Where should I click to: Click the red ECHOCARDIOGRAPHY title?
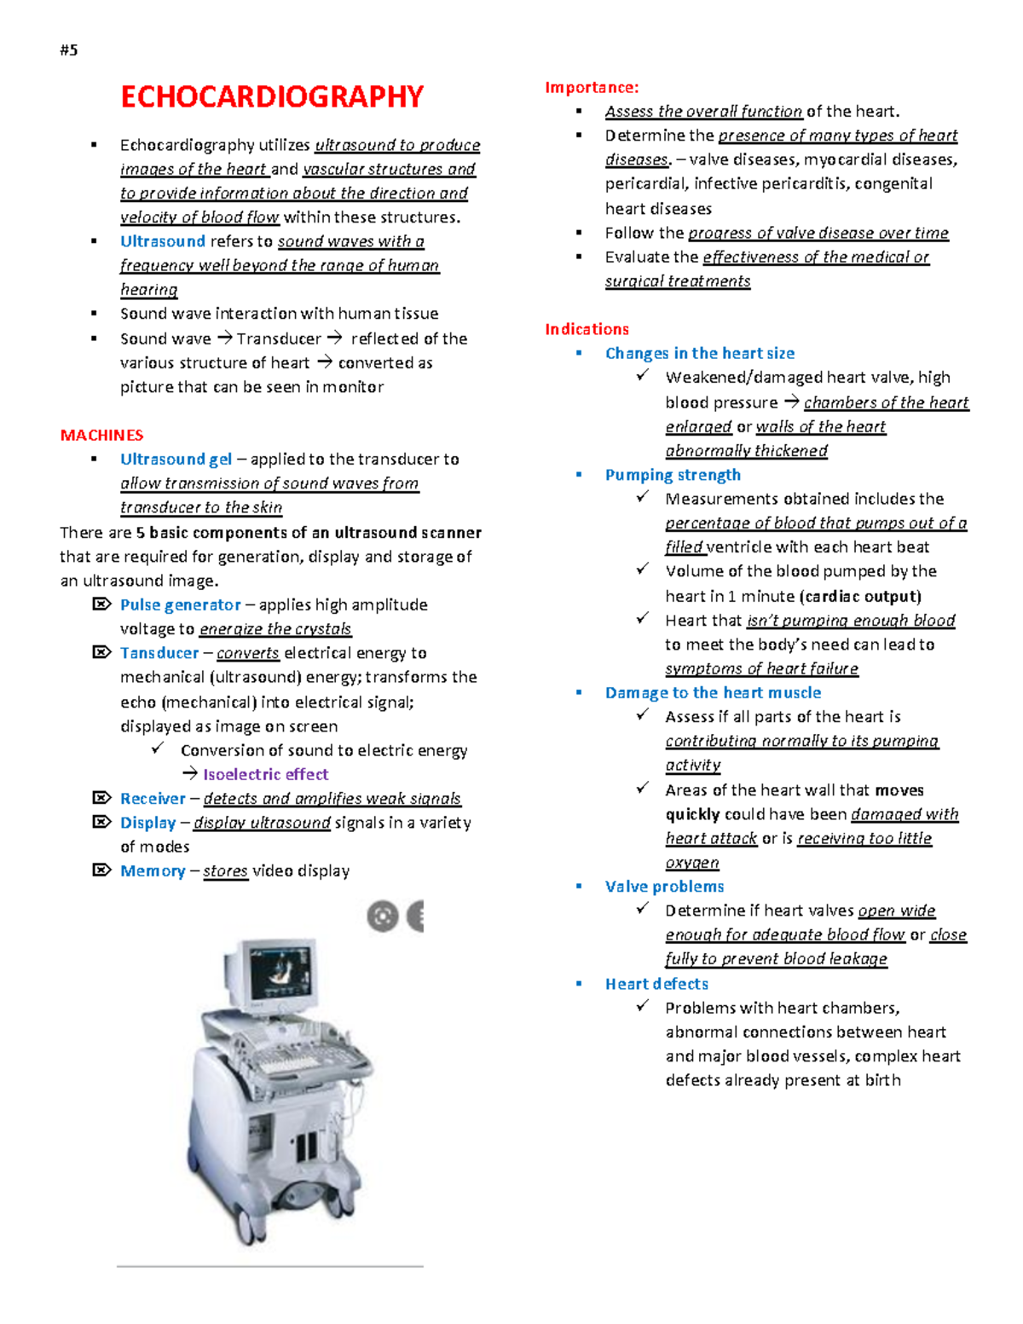(x=271, y=97)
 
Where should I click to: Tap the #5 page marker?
(x=69, y=49)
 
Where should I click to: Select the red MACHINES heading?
(x=101, y=435)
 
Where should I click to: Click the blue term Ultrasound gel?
(x=176, y=460)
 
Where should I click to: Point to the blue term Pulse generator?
(x=180, y=604)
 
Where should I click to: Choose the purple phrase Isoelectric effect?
(x=265, y=774)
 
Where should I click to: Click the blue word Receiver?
(x=153, y=799)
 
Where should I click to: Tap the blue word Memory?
(x=153, y=870)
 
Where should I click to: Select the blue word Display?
(x=147, y=823)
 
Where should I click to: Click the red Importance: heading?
(x=592, y=87)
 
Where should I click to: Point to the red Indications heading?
(x=587, y=329)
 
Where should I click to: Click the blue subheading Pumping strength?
(x=673, y=475)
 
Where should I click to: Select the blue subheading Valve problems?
(x=664, y=887)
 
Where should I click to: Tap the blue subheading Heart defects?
(x=656, y=984)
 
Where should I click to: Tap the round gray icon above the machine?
(x=383, y=916)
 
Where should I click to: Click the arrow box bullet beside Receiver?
(x=101, y=798)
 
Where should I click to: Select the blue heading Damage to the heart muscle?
(x=713, y=693)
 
